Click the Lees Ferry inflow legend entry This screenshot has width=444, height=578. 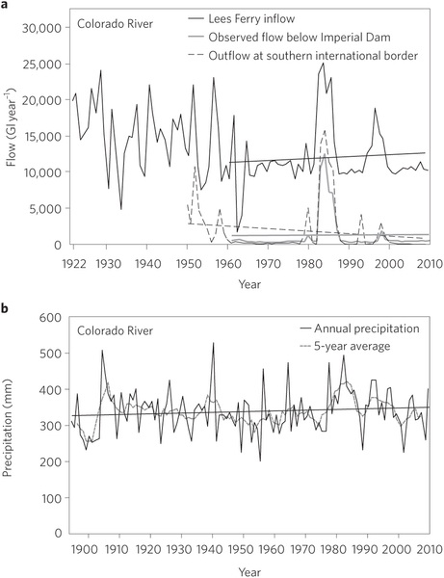coord(241,19)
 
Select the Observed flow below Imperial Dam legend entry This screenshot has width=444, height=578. coord(289,38)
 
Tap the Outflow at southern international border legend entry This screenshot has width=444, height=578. coord(302,56)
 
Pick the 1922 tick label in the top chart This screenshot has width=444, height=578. coord(74,264)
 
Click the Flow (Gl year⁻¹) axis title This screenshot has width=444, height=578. coord(12,126)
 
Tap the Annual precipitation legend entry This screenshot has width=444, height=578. coord(360,328)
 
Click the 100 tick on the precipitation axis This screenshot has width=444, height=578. coord(52,498)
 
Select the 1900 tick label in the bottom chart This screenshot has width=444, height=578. coord(88,550)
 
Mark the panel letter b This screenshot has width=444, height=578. coord(5,308)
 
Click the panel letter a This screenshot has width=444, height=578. coord(4,4)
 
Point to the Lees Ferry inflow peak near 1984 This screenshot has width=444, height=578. coord(324,63)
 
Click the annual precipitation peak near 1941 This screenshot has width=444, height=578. coord(213,343)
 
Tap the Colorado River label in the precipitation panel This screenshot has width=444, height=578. coord(115,330)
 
